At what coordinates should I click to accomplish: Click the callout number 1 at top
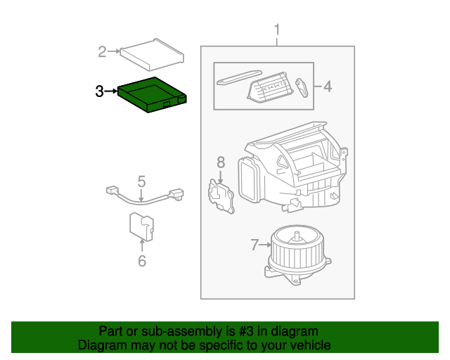pos(276,30)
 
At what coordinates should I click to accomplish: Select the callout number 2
pos(103,51)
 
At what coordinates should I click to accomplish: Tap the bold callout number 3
pos(100,91)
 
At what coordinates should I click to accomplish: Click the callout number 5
pos(141,181)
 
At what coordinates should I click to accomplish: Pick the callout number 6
pos(141,261)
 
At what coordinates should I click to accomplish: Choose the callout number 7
pos(255,245)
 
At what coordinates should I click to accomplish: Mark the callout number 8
pos(220,162)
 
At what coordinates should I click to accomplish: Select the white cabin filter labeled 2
pos(153,56)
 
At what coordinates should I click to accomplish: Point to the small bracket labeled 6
pos(141,225)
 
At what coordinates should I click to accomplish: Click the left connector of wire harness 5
pos(111,190)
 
